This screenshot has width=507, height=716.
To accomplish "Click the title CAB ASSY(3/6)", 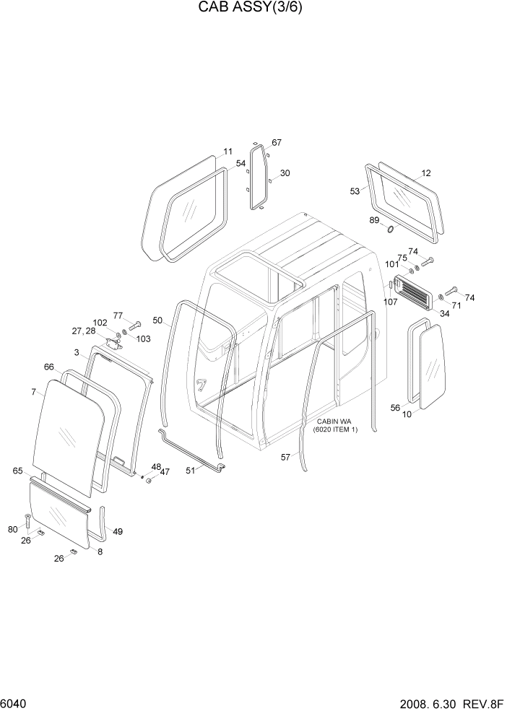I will click(x=253, y=9).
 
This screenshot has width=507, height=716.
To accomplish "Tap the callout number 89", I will click(x=374, y=220).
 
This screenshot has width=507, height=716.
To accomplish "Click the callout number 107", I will click(x=391, y=301).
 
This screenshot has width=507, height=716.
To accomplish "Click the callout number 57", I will click(x=285, y=456).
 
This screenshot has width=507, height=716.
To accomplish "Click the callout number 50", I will click(x=157, y=320).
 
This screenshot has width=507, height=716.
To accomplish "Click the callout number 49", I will click(x=118, y=531).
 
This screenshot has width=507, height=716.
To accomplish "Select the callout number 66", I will click(x=48, y=367).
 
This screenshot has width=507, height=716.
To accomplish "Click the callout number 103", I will click(x=143, y=338).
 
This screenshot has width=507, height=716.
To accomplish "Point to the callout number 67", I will click(x=277, y=142).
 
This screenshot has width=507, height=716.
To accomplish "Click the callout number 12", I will click(x=425, y=173).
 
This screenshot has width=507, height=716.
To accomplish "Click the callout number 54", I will click(x=240, y=165).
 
